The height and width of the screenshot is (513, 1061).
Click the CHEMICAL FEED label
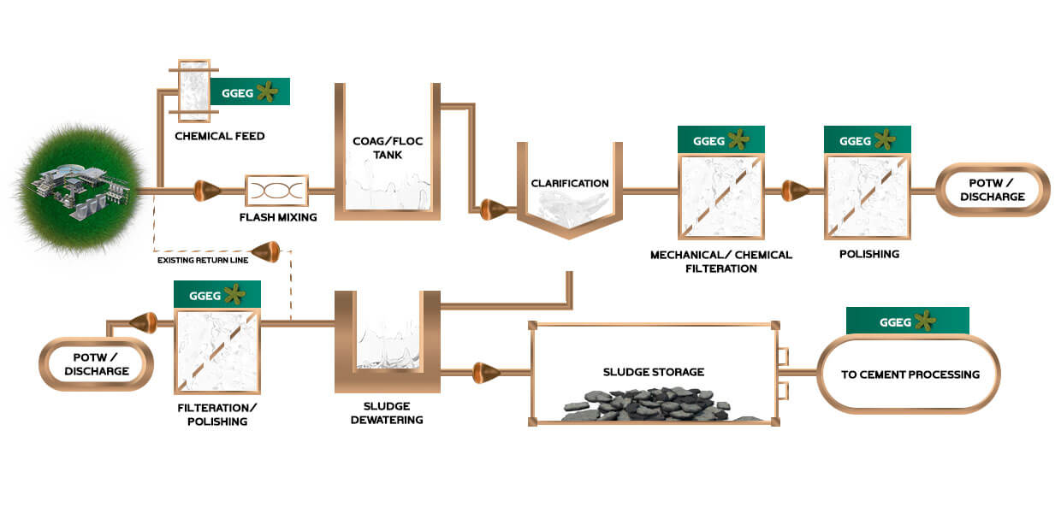click(x=219, y=136)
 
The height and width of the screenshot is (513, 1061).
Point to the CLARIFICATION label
click(x=570, y=183)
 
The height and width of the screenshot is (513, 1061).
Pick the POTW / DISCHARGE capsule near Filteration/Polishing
click(x=96, y=364)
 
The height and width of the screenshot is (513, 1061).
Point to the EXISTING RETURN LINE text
click(x=203, y=259)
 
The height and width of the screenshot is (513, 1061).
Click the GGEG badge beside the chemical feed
click(x=250, y=91)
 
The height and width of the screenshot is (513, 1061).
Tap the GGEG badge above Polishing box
click(x=867, y=140)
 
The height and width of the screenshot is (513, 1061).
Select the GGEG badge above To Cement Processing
click(x=907, y=321)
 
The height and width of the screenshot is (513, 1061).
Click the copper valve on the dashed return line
click(x=269, y=251)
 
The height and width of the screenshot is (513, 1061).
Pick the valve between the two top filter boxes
click(x=795, y=189)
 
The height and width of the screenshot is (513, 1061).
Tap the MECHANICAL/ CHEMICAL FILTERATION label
click(x=720, y=262)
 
